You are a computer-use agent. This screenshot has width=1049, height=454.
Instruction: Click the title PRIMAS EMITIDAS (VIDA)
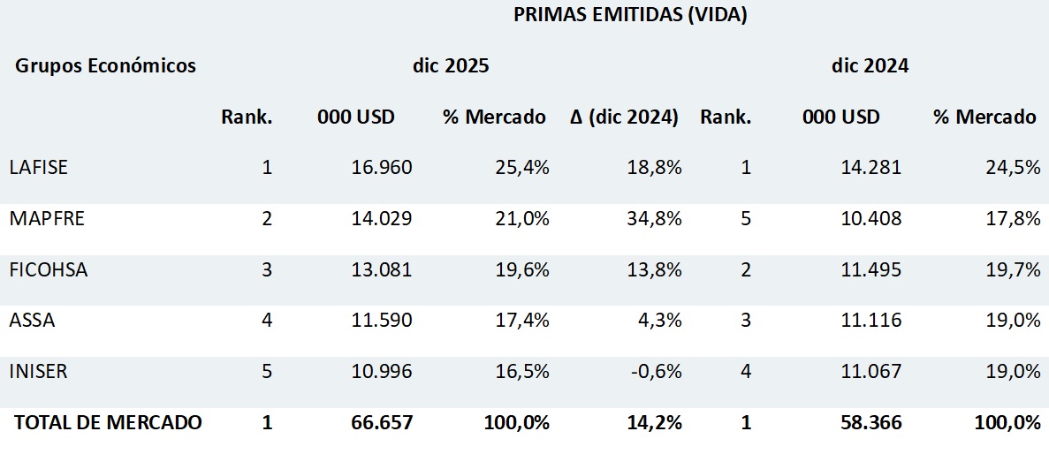[630, 15]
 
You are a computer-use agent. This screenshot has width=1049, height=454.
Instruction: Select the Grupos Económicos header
[105, 66]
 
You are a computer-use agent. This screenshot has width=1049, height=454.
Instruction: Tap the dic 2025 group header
[451, 66]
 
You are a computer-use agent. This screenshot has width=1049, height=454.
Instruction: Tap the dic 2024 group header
[870, 66]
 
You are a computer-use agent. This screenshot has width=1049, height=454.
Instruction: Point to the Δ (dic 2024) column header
[624, 117]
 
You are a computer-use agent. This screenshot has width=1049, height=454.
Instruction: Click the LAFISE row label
[38, 168]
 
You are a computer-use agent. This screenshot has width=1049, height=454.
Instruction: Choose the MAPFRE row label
[47, 219]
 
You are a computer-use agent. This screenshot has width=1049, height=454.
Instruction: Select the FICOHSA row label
[49, 270]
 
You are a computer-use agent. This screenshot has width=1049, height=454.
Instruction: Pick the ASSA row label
[32, 321]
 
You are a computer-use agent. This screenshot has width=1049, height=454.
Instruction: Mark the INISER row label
[38, 372]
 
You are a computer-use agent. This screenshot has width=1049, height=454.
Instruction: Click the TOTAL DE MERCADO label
[108, 423]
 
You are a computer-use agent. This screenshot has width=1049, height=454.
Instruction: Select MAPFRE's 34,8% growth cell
[655, 219]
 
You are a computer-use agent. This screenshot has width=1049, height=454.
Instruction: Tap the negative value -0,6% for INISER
[655, 372]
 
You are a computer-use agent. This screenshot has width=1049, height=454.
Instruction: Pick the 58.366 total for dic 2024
[871, 423]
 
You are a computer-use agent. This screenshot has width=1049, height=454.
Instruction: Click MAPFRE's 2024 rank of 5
[746, 219]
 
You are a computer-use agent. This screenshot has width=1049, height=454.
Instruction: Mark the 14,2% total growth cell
[655, 423]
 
